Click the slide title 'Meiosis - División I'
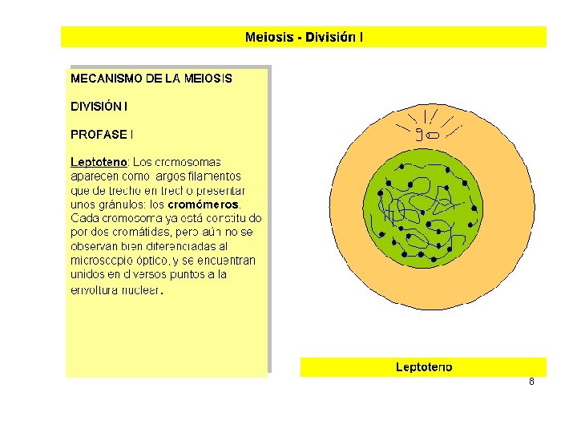click(x=304, y=37)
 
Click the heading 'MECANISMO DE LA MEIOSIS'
click(x=151, y=79)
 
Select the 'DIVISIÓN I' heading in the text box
click(x=99, y=106)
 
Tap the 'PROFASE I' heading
click(x=102, y=134)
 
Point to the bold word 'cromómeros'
click(x=203, y=204)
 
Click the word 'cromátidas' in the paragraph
click(x=148, y=232)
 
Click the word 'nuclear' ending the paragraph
click(x=141, y=289)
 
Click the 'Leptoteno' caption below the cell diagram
click(x=423, y=367)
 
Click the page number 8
click(x=531, y=382)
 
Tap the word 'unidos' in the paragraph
click(x=87, y=274)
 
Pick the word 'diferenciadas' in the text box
click(x=180, y=246)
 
